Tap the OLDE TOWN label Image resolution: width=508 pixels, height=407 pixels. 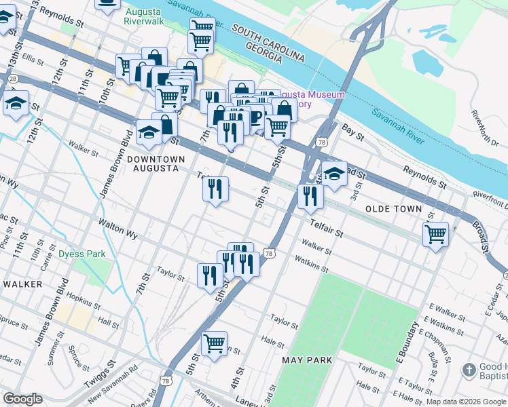(x=393, y=209)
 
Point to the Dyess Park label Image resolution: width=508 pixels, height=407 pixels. (x=81, y=254)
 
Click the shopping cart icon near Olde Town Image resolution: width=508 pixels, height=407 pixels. (x=435, y=235)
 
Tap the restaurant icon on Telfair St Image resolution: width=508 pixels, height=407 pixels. (x=215, y=188)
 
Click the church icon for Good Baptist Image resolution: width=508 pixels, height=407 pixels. (x=469, y=370)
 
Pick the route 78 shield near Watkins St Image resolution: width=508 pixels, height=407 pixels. (x=270, y=253)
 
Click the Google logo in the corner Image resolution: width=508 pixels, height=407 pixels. (x=23, y=399)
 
